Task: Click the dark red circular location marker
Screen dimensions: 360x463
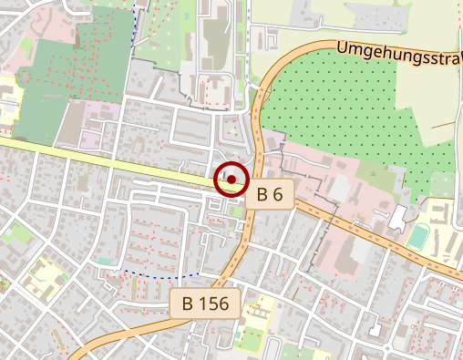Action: tap(231, 180)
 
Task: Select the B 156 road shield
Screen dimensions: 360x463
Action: tap(206, 303)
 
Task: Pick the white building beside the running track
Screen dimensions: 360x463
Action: tap(397, 219)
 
